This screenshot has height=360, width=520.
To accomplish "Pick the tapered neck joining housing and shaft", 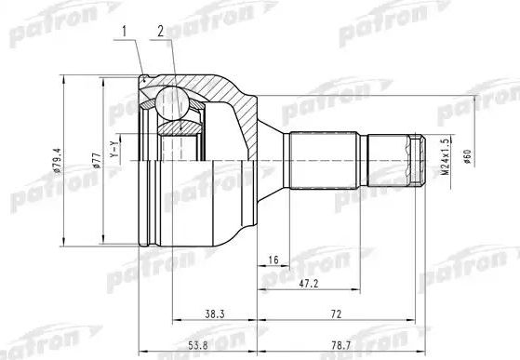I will pyautogui.click(x=272, y=149).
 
